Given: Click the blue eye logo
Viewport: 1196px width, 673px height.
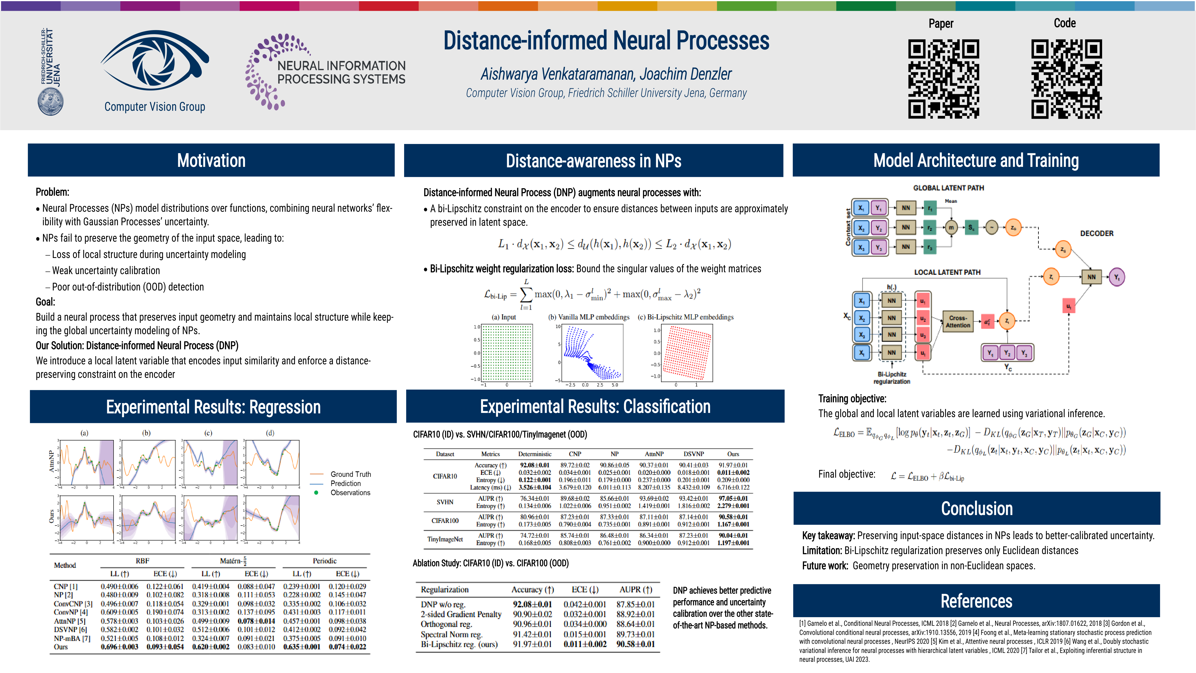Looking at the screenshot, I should tap(155, 63).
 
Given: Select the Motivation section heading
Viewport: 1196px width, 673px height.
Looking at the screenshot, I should tap(211, 160).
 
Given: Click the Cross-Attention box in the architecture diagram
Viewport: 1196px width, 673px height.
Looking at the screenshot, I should tap(957, 321).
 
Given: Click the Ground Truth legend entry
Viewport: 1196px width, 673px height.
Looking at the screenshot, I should tap(351, 474).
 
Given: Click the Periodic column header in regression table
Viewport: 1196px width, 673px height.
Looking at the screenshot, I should tap(324, 561).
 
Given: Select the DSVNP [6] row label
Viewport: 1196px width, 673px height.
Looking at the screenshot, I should tap(70, 629).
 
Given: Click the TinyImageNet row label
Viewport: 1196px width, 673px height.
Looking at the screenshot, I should tap(445, 539).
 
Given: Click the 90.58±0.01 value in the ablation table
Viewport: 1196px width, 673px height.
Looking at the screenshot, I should tap(635, 644).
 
